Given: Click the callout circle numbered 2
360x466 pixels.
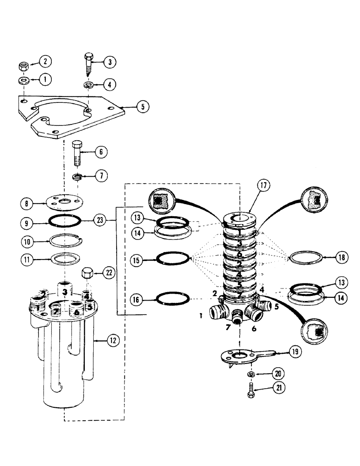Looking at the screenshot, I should (46, 61).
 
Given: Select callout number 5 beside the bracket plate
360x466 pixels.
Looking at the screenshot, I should (144, 107).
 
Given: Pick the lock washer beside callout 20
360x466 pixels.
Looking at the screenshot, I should (250, 374).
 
